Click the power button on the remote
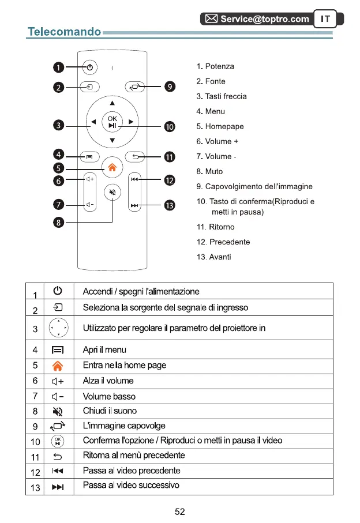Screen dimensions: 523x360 click(x=90, y=67)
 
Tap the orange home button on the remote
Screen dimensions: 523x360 click(x=112, y=168)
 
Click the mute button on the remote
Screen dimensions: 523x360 click(x=113, y=193)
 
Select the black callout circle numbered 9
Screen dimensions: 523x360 click(x=169, y=87)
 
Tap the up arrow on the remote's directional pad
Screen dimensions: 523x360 click(x=112, y=104)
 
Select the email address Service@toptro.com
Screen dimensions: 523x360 click(x=265, y=19)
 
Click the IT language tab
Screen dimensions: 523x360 click(x=326, y=19)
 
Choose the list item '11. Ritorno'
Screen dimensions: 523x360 click(x=215, y=227)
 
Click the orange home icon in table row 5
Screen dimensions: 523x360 click(x=58, y=366)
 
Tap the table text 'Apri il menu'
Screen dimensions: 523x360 click(x=104, y=350)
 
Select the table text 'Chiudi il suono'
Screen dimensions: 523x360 click(x=110, y=411)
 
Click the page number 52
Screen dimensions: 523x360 click(x=179, y=510)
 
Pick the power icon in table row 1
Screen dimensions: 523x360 click(x=58, y=291)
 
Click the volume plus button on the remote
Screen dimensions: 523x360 click(x=90, y=179)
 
